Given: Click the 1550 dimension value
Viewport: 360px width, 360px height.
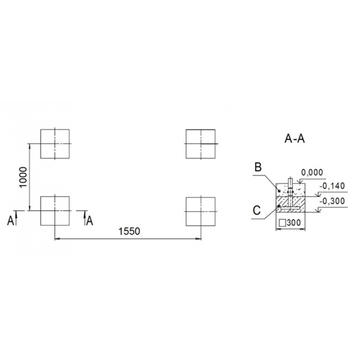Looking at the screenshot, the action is coord(129,231).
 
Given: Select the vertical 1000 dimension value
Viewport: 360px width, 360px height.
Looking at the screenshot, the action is coord(23,177).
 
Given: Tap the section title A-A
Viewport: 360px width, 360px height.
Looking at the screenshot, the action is coord(294,139).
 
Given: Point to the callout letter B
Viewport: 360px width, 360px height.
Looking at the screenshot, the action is coord(258,167).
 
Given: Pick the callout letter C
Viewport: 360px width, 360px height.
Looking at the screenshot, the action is coord(257,210).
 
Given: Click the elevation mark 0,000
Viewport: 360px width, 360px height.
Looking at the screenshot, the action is coord(312,172).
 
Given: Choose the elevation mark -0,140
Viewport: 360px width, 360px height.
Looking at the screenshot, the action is coord(332,186).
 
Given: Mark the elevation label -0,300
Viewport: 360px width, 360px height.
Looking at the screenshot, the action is coord(332,201).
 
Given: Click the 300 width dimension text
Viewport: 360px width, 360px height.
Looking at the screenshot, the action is coord(294,223).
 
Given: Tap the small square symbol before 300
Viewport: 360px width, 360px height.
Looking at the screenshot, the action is coord(283,223).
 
